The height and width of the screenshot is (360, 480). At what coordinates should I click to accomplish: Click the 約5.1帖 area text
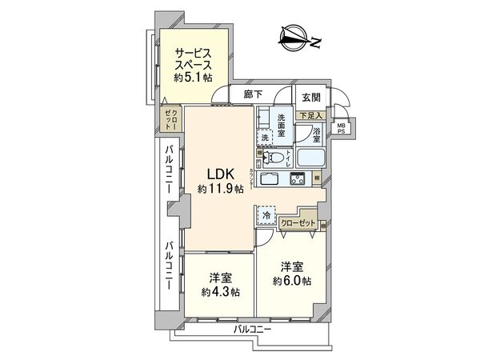pyautogui.click(x=194, y=78)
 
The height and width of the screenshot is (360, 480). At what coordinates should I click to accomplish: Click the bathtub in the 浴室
pyautogui.click(x=310, y=155)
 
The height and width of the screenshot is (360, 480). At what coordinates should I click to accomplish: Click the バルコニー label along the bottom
pyautogui.click(x=253, y=329)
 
